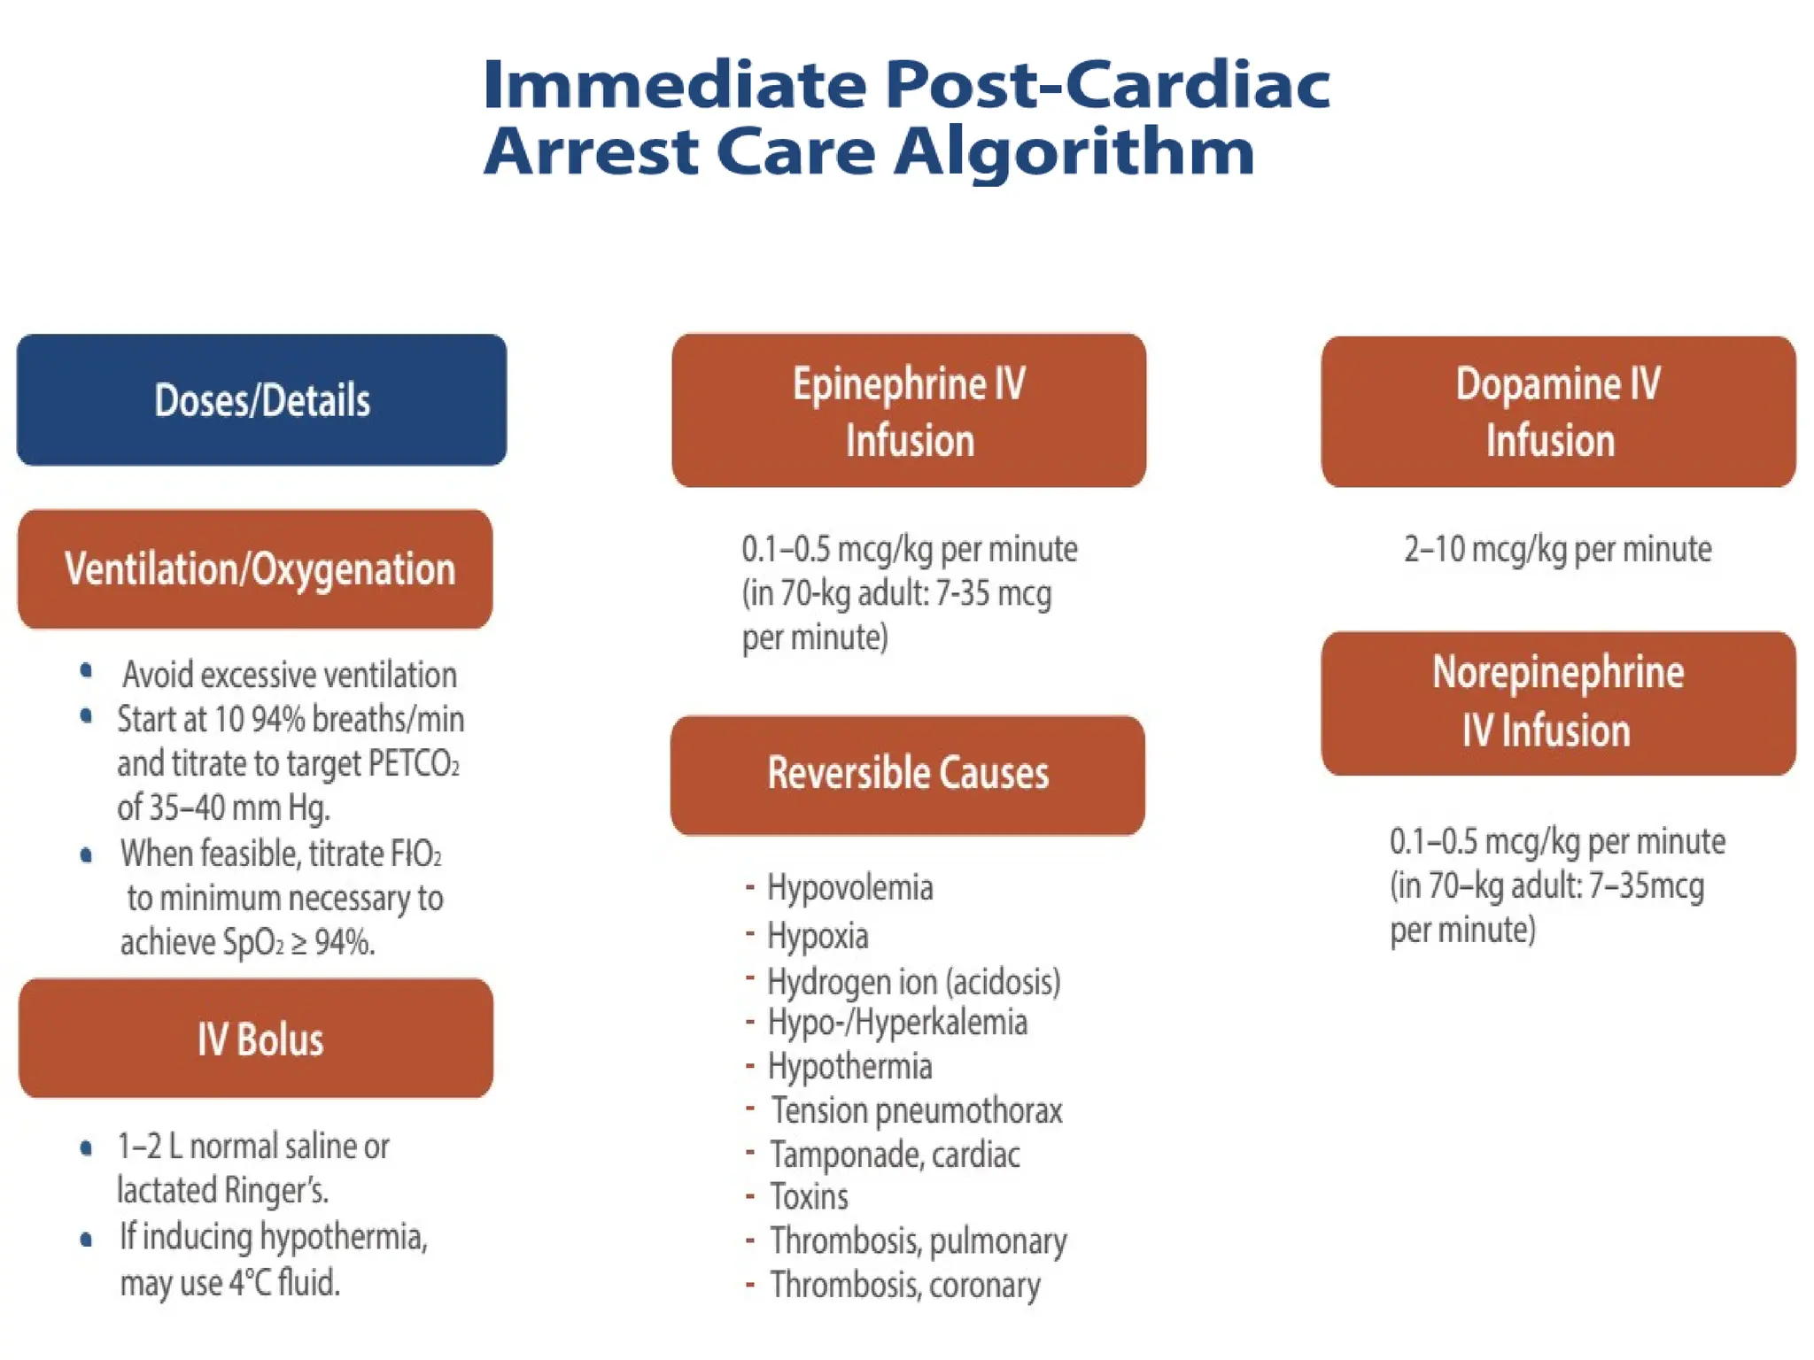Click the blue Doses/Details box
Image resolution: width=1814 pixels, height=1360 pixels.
261,399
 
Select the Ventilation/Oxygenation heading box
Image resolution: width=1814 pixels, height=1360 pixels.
255,568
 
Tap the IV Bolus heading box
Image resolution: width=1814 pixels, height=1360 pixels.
256,1038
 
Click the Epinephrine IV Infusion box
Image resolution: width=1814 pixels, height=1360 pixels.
909,411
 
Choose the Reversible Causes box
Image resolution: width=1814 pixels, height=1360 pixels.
908,774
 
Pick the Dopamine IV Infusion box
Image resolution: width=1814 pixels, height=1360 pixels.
1557,412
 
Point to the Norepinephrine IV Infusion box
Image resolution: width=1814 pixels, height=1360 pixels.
1557,703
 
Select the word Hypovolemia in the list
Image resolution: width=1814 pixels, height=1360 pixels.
849,887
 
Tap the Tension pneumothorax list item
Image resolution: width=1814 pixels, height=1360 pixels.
916,1110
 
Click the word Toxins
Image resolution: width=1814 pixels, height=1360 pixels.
809,1197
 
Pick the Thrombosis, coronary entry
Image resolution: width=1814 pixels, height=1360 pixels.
904,1285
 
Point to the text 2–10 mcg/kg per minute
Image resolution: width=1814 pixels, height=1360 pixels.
1557,550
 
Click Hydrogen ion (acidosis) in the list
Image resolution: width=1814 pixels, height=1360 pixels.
913,982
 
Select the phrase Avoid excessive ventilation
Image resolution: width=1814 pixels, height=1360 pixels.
290,675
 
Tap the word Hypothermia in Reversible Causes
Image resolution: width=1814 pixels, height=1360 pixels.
849,1067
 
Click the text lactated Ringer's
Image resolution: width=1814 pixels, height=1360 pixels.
222,1190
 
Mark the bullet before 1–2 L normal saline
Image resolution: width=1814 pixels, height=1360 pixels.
86,1148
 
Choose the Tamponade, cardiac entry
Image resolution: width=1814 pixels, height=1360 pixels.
895,1155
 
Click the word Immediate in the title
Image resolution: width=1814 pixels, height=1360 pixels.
674,85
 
